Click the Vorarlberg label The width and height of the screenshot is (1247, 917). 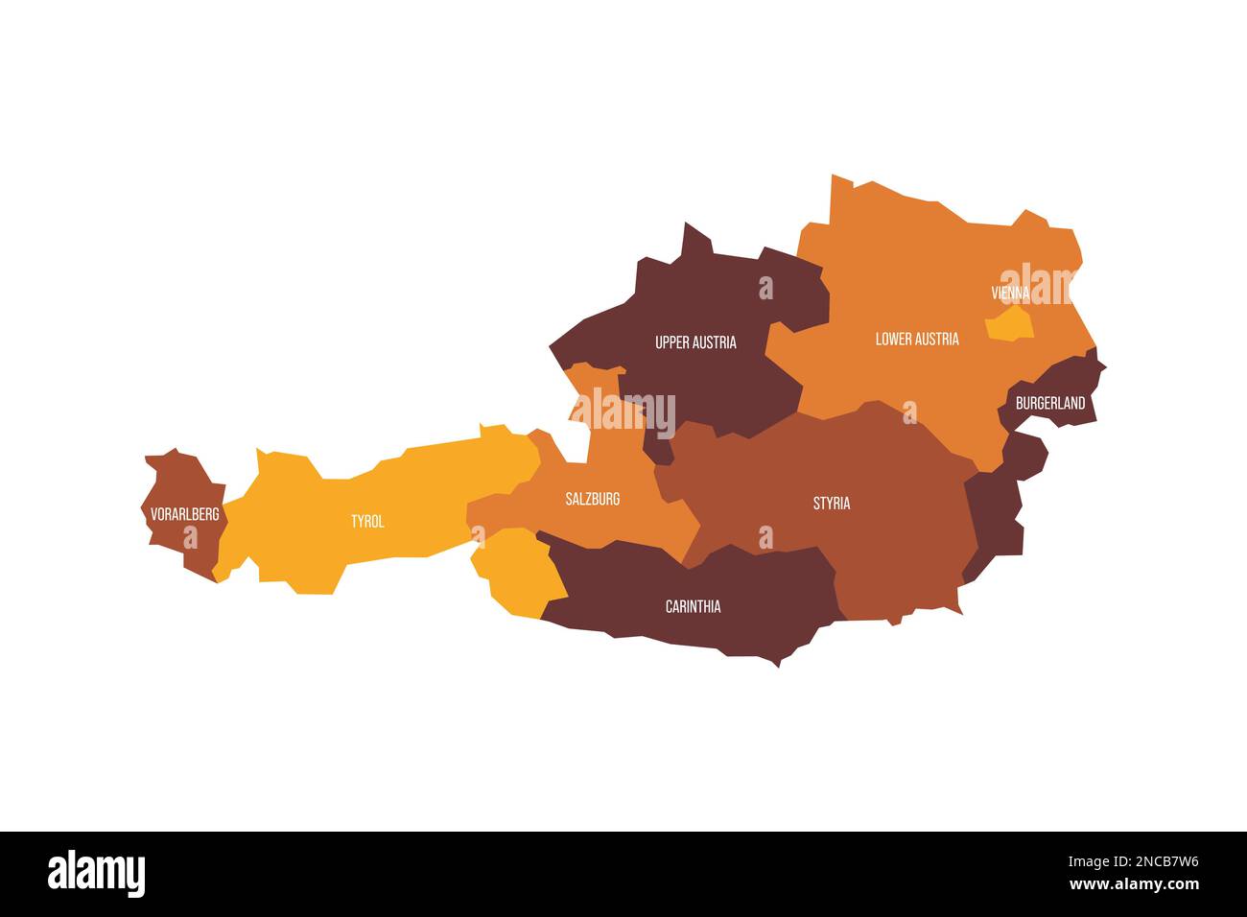pos(184,515)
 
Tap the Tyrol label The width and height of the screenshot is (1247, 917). pos(366,522)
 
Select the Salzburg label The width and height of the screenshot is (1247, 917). pos(592,499)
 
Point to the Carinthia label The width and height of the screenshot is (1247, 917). pos(693,606)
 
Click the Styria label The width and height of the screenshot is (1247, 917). pos(831,503)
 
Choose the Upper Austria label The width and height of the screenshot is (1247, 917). pos(695,342)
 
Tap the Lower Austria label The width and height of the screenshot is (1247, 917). pos(917,339)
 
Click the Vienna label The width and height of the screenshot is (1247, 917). pos(1010,293)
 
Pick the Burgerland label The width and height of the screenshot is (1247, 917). pos(1050,403)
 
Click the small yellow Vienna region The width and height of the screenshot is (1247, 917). pos(1009,324)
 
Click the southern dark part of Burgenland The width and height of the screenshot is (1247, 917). pos(998,508)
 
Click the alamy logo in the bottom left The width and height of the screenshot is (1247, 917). pos(96,874)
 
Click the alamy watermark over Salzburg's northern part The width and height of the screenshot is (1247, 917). pos(623,411)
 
